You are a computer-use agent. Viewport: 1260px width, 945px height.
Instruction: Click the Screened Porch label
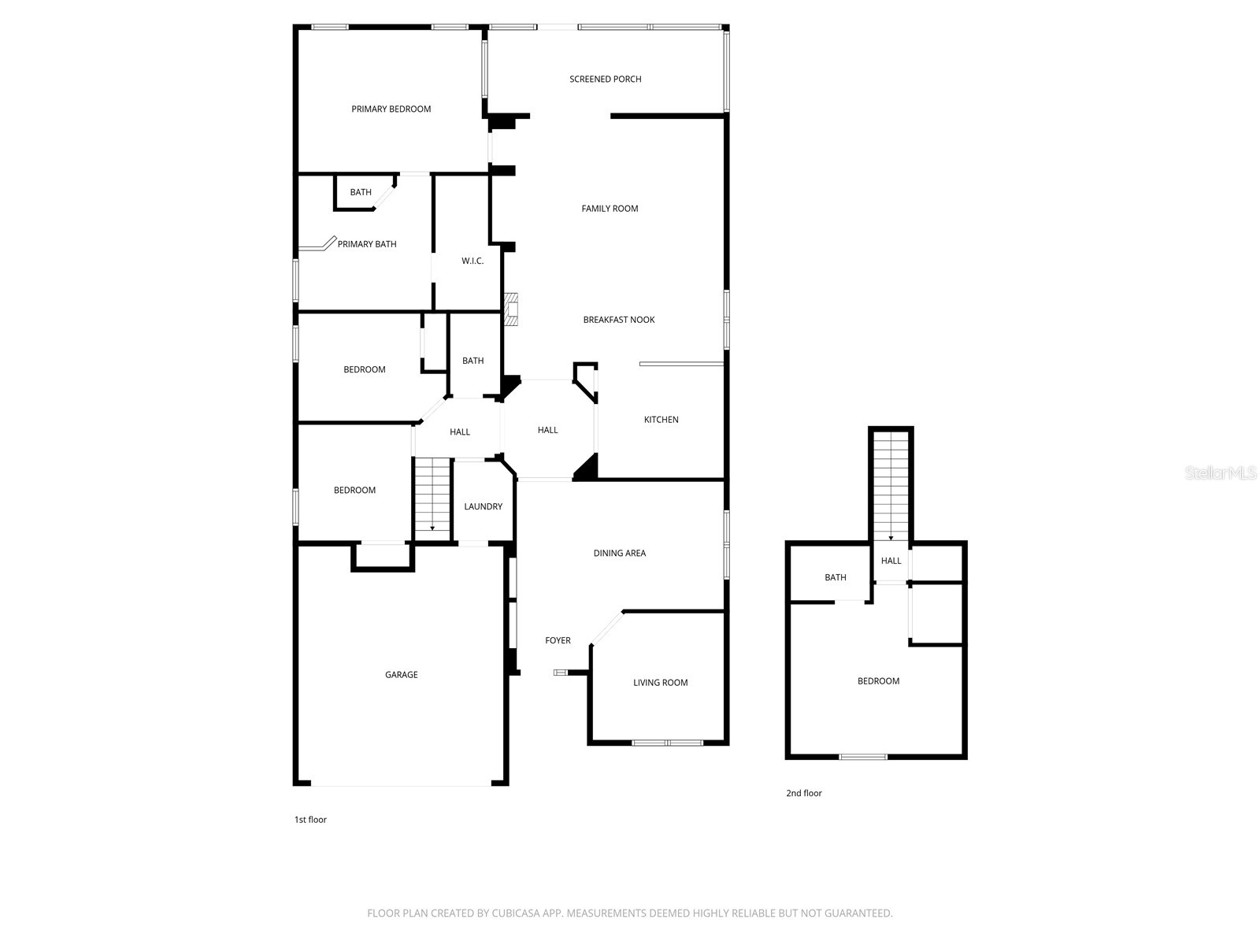click(605, 79)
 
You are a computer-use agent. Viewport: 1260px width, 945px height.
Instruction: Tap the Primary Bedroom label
click(391, 109)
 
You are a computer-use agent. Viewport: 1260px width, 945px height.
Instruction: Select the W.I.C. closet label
click(472, 261)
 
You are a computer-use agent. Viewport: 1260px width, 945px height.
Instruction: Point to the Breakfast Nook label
click(619, 320)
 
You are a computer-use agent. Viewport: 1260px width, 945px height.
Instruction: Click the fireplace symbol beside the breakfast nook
click(513, 309)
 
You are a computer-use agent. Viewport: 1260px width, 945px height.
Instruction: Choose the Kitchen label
click(661, 420)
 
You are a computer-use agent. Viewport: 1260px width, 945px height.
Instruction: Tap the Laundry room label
click(483, 506)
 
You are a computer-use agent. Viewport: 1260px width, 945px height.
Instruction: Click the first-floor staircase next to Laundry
click(432, 498)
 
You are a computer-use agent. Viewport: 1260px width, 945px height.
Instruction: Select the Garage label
click(401, 675)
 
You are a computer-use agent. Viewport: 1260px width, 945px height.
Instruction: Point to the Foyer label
click(558, 640)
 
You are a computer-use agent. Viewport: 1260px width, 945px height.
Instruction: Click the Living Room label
click(660, 683)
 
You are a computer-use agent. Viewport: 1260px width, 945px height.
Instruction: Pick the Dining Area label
click(619, 553)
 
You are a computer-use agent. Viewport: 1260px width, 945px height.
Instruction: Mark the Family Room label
click(610, 209)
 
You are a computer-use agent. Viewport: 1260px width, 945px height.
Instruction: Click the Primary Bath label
click(367, 244)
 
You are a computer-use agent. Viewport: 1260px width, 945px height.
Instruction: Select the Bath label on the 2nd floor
click(835, 577)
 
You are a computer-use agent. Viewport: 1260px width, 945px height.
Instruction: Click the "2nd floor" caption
click(803, 793)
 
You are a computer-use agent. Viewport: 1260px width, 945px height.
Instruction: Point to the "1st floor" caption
click(310, 820)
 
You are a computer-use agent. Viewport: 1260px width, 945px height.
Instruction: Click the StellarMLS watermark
click(1221, 473)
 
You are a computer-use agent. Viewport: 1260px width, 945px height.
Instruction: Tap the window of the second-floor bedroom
click(863, 757)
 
